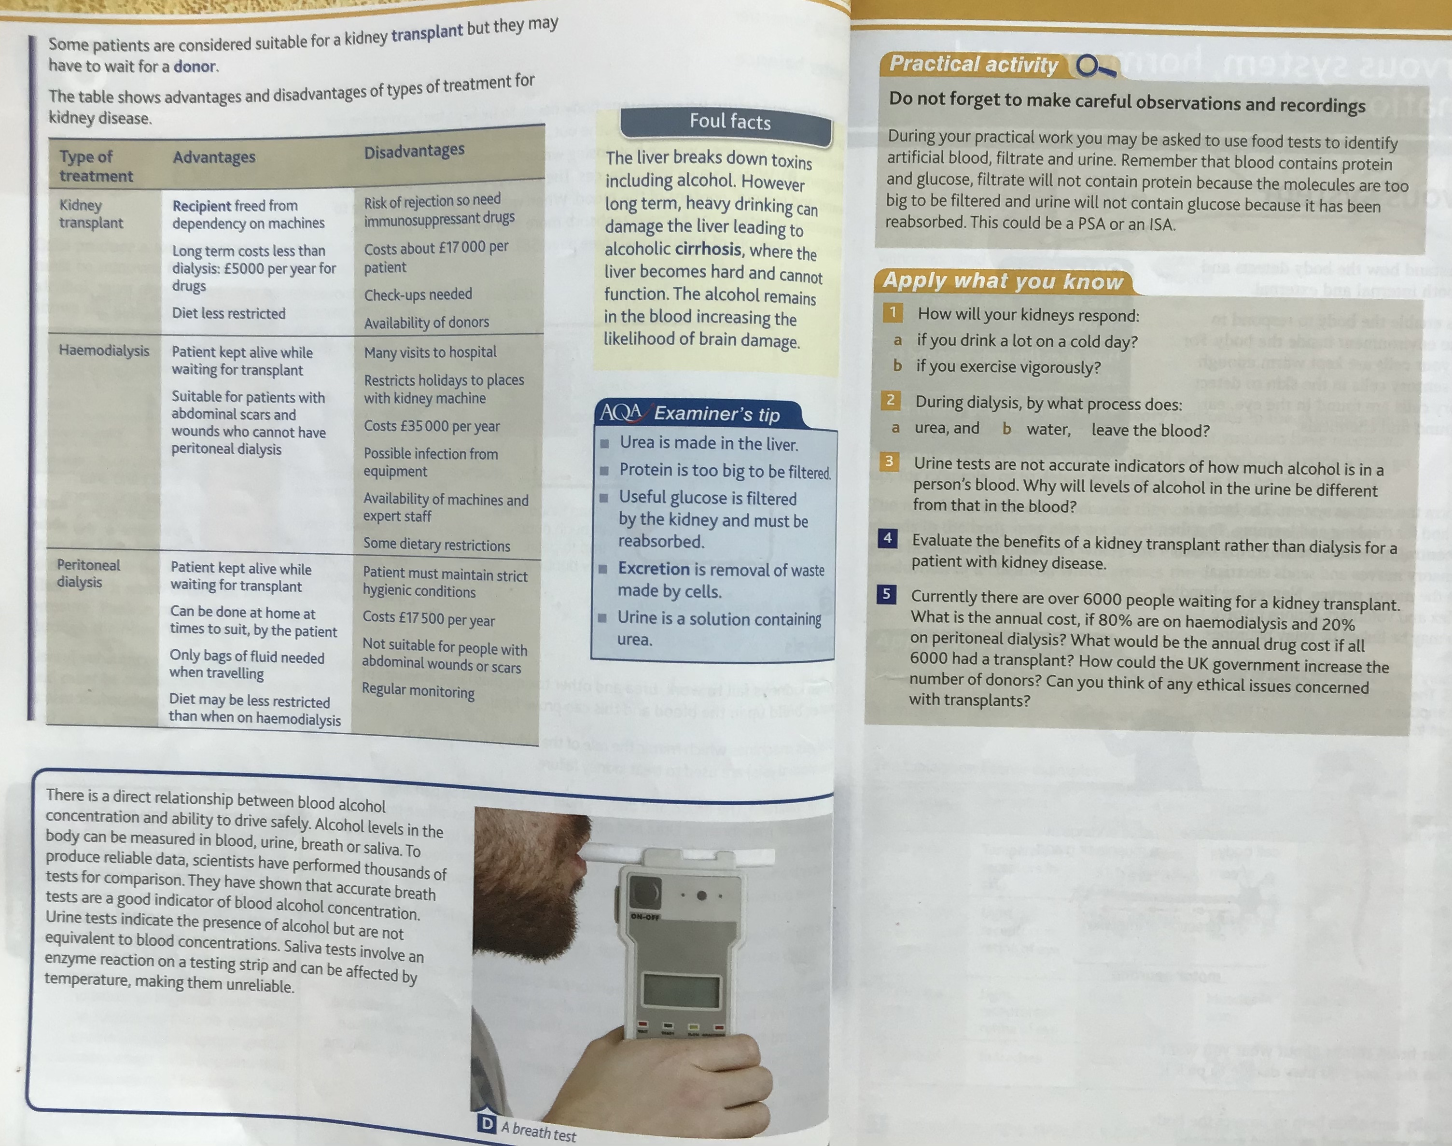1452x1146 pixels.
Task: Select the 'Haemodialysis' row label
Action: [x=104, y=350]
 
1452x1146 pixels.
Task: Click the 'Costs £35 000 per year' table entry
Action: [x=432, y=426]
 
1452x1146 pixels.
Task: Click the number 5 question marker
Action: [x=886, y=594]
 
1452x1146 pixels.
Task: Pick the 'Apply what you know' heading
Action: [x=1003, y=280]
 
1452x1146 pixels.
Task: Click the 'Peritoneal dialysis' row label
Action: [x=88, y=573]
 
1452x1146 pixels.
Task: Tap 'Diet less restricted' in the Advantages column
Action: [x=229, y=313]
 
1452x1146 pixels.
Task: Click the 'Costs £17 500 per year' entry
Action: [x=429, y=619]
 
